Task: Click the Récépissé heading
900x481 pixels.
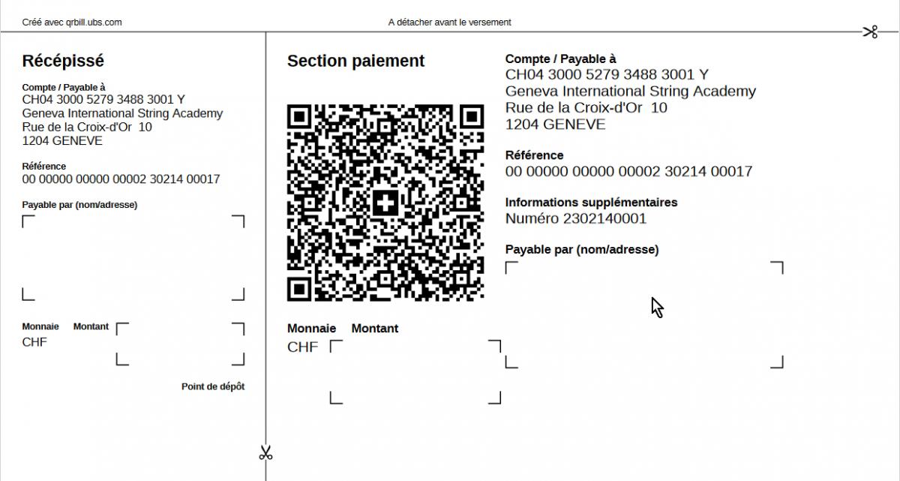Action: (63, 61)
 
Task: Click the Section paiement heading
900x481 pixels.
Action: (355, 61)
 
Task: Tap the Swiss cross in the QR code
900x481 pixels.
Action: (385, 202)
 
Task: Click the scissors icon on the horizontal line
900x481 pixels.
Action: (870, 32)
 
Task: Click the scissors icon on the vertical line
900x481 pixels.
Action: (265, 452)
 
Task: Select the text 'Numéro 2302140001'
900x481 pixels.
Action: (575, 218)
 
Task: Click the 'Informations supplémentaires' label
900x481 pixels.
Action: (591, 202)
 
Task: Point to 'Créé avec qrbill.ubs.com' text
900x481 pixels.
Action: (72, 23)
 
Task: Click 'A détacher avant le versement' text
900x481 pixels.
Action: (449, 23)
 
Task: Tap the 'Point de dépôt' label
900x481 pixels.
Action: (213, 386)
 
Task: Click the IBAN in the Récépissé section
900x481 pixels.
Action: (103, 99)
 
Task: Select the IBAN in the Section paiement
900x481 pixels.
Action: (607, 74)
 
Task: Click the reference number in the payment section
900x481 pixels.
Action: (628, 171)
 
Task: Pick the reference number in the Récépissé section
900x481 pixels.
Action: (121, 179)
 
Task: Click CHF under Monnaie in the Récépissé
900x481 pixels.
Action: (34, 342)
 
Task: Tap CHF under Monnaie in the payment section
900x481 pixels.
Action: (302, 347)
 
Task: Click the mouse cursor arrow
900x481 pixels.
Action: (656, 306)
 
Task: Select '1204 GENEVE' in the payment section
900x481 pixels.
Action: (555, 124)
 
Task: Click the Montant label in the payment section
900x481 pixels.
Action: (374, 328)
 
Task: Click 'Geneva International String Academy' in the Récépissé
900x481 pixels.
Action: (122, 113)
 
